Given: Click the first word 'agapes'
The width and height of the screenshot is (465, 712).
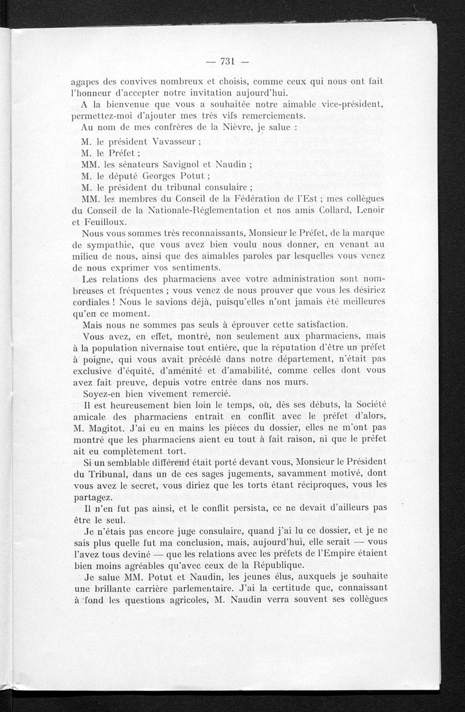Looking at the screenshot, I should (x=84, y=83).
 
